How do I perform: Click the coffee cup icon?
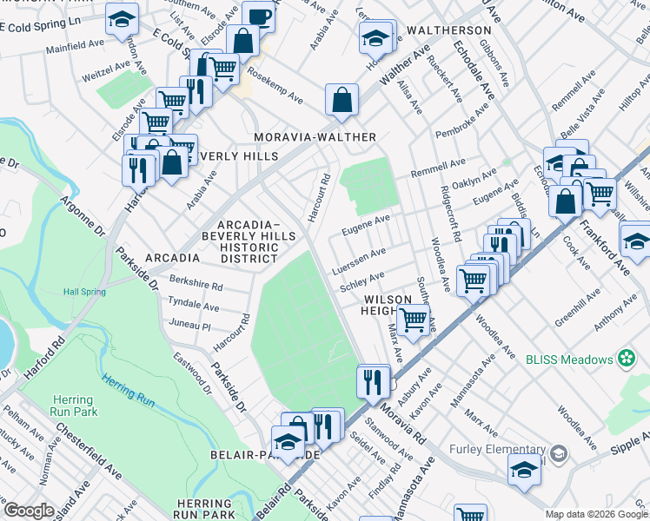258,16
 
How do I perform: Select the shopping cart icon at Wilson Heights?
414,319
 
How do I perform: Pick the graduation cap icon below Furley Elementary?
524,469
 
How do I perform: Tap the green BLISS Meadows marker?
627,358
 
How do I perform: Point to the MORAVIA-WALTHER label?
315,137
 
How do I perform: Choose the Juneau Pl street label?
193,321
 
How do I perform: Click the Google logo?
30,510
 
